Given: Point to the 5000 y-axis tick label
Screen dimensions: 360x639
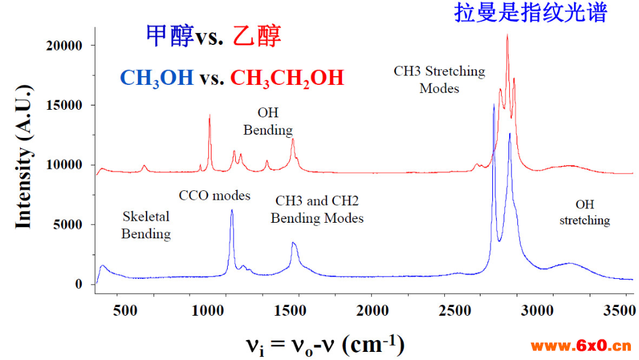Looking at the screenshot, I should click(x=69, y=225).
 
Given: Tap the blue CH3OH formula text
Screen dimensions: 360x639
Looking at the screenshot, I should click(x=157, y=78).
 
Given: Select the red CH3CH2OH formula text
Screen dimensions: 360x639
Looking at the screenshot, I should click(x=287, y=78).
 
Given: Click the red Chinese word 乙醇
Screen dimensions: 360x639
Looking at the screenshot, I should click(x=256, y=36).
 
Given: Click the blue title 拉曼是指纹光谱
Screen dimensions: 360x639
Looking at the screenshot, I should click(x=530, y=12).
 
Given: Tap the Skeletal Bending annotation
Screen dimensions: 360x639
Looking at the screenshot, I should click(x=146, y=225).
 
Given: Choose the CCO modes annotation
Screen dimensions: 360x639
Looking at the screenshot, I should click(x=215, y=196).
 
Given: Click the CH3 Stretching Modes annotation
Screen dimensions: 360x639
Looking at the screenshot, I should click(x=439, y=79).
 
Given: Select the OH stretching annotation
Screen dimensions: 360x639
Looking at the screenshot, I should click(x=585, y=212).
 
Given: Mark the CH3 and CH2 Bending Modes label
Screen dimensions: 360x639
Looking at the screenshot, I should click(x=317, y=210).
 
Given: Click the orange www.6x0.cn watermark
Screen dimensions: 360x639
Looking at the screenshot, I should click(x=581, y=346).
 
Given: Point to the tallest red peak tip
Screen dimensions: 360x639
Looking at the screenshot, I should click(x=507, y=35).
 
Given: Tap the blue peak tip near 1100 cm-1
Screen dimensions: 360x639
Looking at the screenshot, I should click(x=232, y=210).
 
